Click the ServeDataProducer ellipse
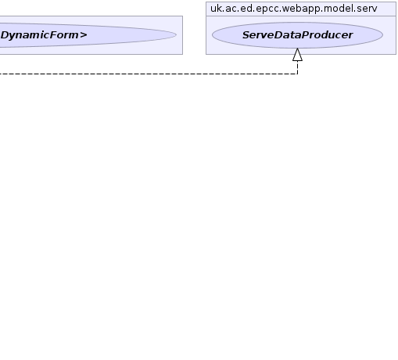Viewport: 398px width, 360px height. tap(297, 35)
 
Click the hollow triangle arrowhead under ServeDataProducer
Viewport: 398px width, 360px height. tap(297, 55)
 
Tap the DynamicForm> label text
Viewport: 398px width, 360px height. tap(44, 35)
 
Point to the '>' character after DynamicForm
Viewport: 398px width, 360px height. tap(84, 35)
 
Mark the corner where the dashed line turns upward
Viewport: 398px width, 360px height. tap(297, 74)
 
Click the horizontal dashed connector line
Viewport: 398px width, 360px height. tap(149, 74)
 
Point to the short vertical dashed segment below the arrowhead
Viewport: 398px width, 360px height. tap(297, 67)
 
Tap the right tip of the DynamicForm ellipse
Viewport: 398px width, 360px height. tap(177, 34)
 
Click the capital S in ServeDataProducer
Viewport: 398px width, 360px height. tap(246, 35)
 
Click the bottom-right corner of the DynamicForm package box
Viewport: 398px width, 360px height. tap(183, 54)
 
